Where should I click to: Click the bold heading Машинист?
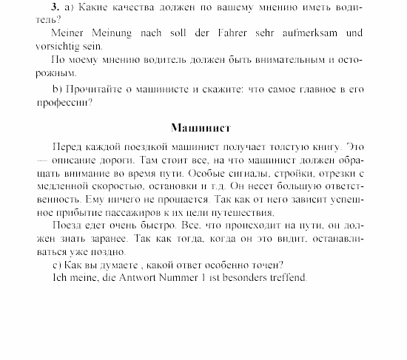tap(201, 127)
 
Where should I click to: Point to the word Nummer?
tap(177, 278)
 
